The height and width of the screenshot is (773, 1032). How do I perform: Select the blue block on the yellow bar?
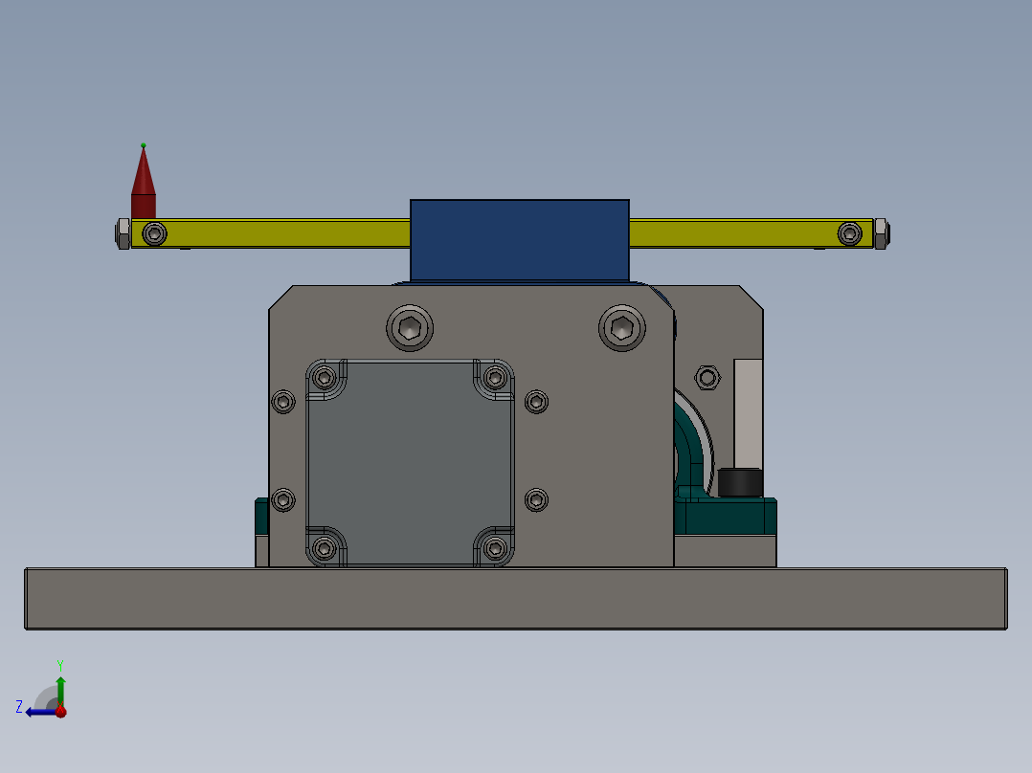519,239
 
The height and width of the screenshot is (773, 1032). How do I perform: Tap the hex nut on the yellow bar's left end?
123,233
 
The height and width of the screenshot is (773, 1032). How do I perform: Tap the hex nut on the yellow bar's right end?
881,233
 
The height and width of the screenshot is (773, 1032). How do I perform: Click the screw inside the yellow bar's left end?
154,233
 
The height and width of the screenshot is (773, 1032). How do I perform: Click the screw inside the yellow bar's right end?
849,233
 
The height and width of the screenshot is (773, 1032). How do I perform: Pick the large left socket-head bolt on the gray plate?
410,328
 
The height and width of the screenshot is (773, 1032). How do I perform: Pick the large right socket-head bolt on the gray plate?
621,328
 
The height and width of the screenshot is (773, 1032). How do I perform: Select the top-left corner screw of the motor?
325,376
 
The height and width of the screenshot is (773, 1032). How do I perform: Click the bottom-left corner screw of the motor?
325,548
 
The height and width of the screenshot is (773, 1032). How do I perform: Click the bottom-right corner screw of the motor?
495,548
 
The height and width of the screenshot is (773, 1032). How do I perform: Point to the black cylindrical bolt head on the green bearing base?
740,482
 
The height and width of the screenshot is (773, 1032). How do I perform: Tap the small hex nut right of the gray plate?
707,377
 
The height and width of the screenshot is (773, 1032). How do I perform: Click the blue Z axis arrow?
36,711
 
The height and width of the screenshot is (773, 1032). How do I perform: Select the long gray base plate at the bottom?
515,599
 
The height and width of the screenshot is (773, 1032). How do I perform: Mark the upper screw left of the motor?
283,402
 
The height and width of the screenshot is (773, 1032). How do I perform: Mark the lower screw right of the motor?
537,499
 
